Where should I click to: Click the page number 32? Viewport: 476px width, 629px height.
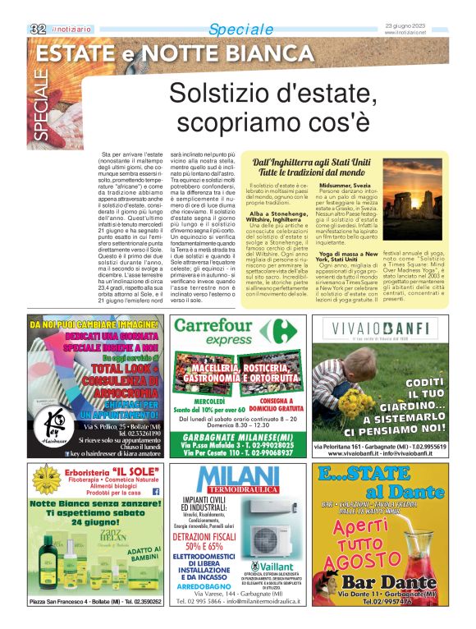tap(37, 29)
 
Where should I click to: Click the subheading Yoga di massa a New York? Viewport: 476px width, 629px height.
tap(348, 256)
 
